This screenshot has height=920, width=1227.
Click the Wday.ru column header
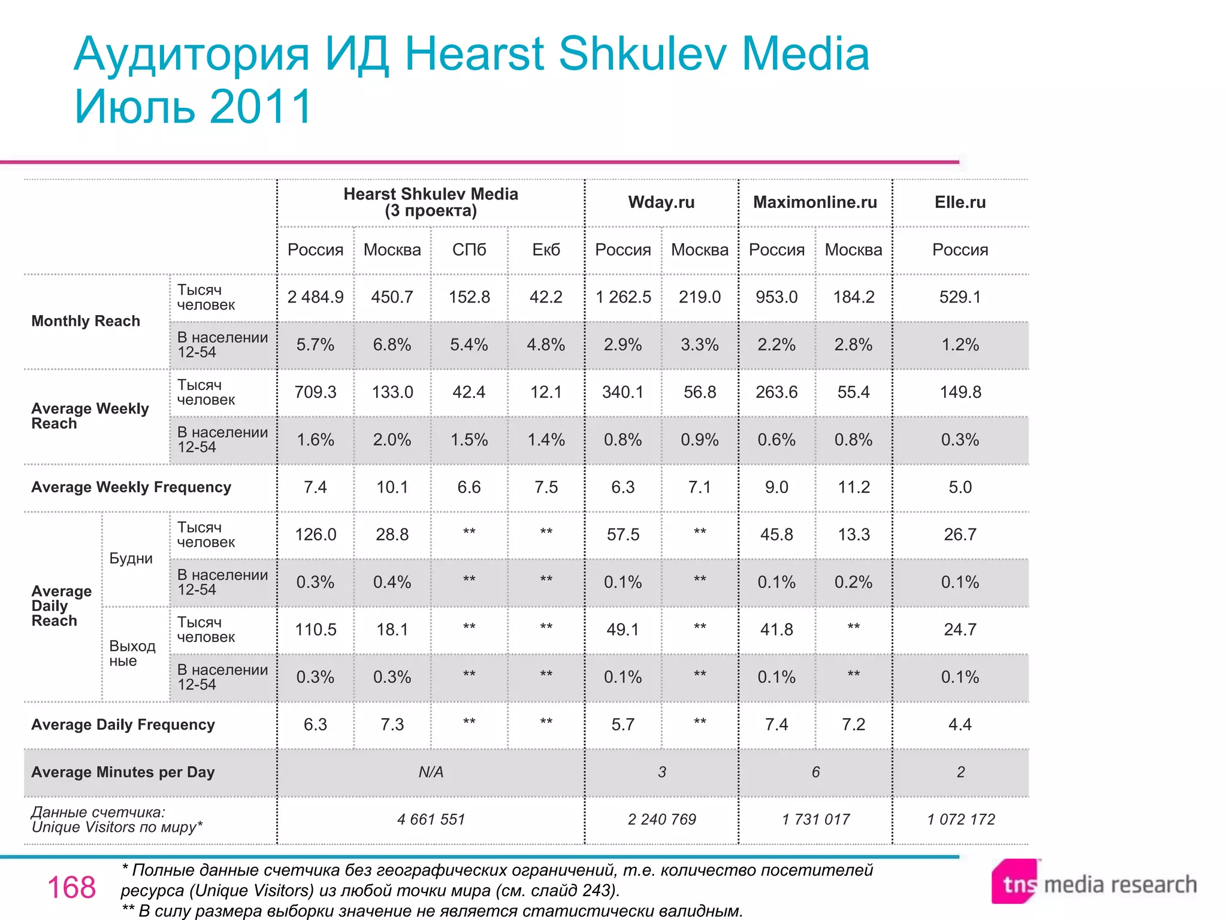pos(661,202)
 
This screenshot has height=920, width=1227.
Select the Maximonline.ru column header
pos(815,202)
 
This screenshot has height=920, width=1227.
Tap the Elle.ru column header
pos(960,202)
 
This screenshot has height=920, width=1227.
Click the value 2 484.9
pos(315,297)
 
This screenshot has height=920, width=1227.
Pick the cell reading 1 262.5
pos(622,297)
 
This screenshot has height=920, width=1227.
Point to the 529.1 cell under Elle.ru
pos(960,297)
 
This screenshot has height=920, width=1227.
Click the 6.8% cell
pos(392,345)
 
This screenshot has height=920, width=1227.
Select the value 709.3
pos(315,392)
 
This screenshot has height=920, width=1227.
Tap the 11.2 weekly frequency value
pos(853,488)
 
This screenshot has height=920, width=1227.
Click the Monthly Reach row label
pos(86,321)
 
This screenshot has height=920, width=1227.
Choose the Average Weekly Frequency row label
pos(131,488)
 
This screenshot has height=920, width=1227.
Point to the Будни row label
pos(131,559)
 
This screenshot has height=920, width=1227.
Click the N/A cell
pos(431,773)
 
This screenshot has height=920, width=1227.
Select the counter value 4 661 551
pos(431,819)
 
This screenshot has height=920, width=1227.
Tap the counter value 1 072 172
pos(960,819)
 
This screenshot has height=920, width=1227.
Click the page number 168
pos(71,888)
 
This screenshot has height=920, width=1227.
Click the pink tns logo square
pos(1015,882)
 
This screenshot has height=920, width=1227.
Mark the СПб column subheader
pos(469,250)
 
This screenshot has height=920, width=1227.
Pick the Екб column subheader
pos(546,250)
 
